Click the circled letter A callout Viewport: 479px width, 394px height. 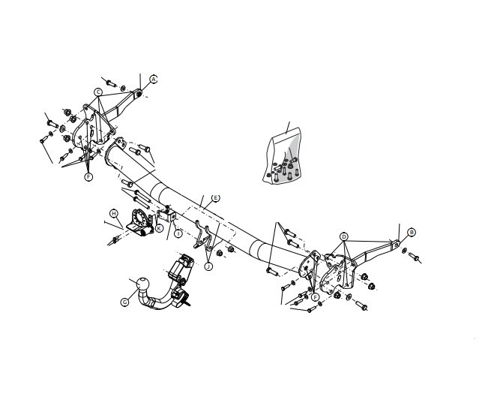(154, 80)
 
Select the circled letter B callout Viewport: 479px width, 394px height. (412, 233)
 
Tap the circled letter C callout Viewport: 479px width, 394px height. (98, 92)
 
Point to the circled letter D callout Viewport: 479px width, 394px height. (344, 236)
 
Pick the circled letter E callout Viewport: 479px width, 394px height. (215, 198)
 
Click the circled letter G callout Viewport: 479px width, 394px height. (124, 302)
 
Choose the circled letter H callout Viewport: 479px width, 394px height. (114, 213)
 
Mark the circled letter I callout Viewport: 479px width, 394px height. (178, 233)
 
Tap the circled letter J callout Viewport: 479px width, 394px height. (208, 266)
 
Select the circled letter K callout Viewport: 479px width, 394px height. (159, 228)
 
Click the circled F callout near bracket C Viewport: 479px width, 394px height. (88, 177)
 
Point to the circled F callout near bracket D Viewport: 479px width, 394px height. (316, 296)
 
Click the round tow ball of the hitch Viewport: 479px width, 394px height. (142, 284)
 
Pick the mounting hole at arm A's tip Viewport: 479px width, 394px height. (139, 94)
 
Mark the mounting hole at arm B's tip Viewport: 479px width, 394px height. (397, 245)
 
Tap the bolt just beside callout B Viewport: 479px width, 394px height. (414, 257)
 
